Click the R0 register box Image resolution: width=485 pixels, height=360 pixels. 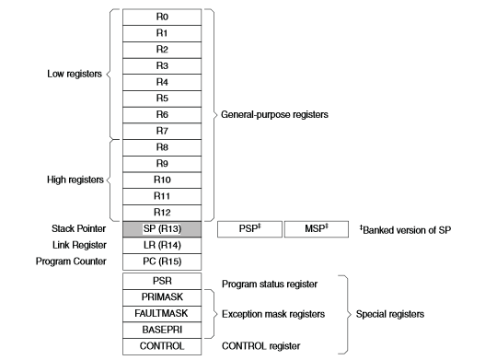tap(161, 16)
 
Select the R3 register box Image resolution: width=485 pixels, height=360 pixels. tap(161, 65)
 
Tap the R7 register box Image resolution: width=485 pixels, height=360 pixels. tap(161, 131)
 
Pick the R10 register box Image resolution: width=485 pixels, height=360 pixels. tap(161, 180)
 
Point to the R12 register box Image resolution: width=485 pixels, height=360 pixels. tap(161, 213)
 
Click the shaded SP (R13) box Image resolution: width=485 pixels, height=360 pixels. tap(161, 229)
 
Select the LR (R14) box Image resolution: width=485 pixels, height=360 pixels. tap(161, 246)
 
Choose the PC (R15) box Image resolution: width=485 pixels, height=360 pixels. tap(161, 262)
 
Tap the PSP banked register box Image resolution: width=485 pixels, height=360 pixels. tap(247, 229)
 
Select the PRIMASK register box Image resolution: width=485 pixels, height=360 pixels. tap(161, 298)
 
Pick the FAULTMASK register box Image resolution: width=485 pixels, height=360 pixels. tap(161, 315)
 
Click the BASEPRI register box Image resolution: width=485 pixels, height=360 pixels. tap(161, 331)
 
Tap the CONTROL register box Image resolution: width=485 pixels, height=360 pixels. tap(161, 348)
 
